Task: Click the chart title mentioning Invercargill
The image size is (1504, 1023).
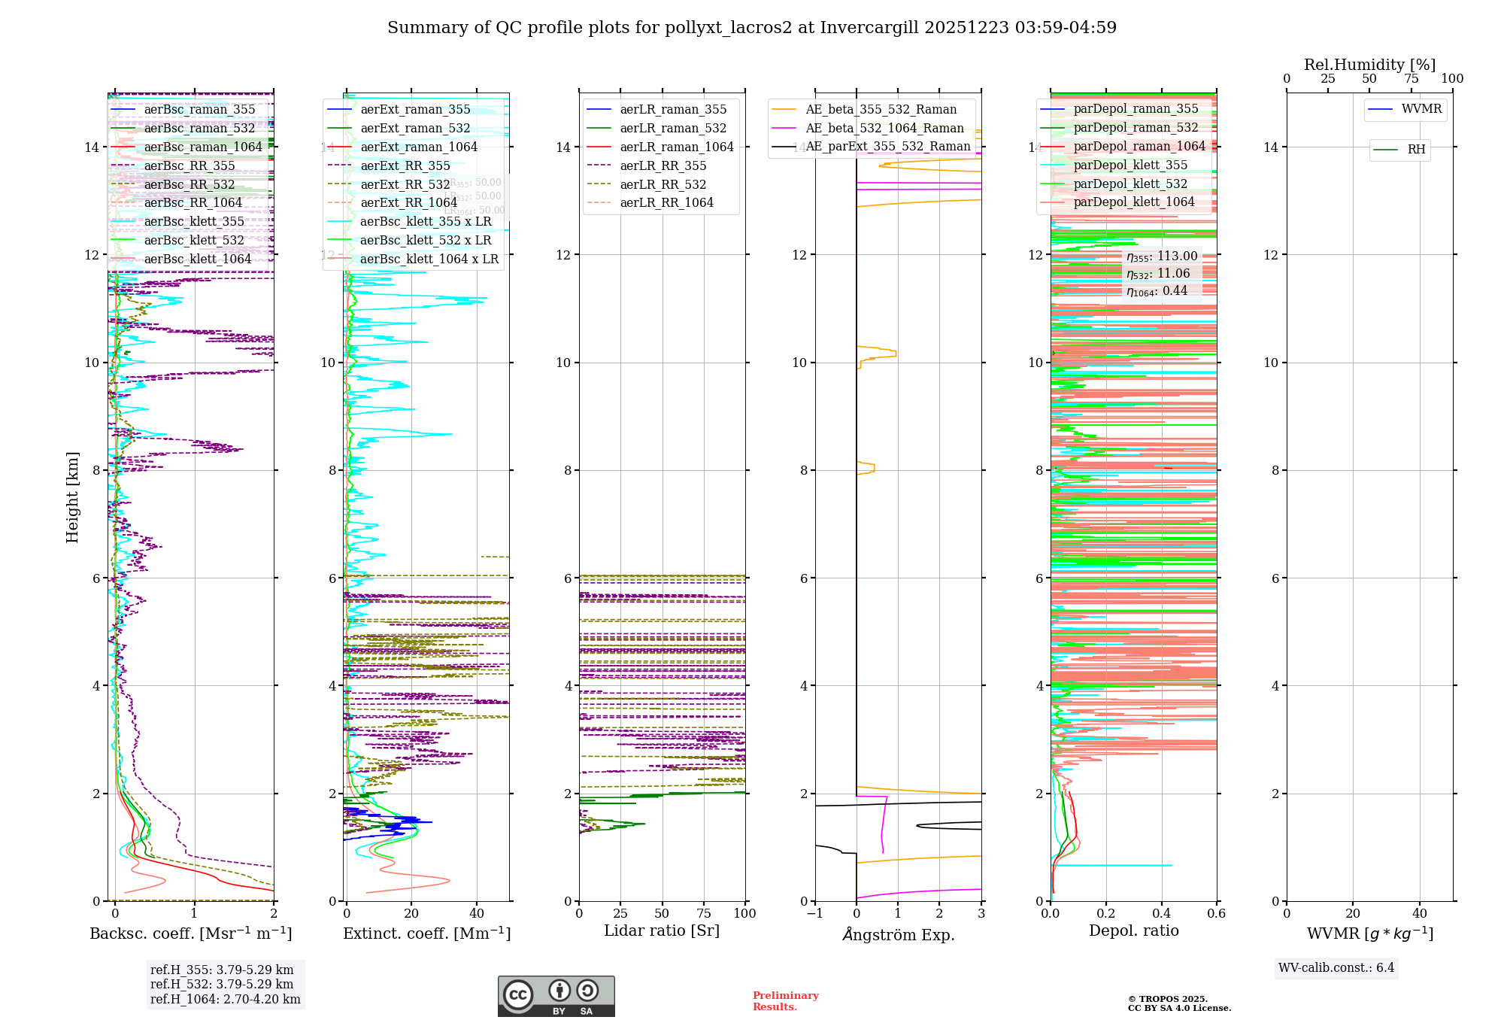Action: pos(752,28)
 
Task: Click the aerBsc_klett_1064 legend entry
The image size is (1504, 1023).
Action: pos(197,260)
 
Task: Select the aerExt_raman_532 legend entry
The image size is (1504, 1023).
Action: pos(415,129)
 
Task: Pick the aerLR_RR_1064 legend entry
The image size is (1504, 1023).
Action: pos(666,203)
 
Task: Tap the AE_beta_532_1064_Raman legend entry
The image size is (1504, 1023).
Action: pos(884,129)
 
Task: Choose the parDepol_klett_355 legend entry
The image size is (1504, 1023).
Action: pos(1130,165)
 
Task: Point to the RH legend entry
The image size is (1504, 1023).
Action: pos(1416,150)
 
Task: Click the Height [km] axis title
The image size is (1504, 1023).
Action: pos(72,497)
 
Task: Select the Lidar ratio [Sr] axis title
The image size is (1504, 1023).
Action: pos(662,931)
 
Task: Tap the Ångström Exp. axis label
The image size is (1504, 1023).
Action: pos(898,935)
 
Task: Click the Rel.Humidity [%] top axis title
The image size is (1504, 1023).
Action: pos(1369,65)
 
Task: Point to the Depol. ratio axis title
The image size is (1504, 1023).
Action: pos(1133,931)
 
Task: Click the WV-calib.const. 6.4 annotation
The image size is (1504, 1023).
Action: pos(1336,968)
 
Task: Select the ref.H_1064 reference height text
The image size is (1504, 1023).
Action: pos(225,1000)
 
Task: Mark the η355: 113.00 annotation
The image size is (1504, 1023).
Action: pos(1162,257)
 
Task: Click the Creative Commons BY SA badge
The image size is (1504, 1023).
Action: pos(556,997)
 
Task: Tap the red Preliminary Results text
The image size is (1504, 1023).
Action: pos(785,1001)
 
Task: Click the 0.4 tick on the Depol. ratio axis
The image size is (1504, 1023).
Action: pos(1161,914)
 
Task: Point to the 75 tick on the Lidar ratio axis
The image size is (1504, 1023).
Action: pos(704,914)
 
